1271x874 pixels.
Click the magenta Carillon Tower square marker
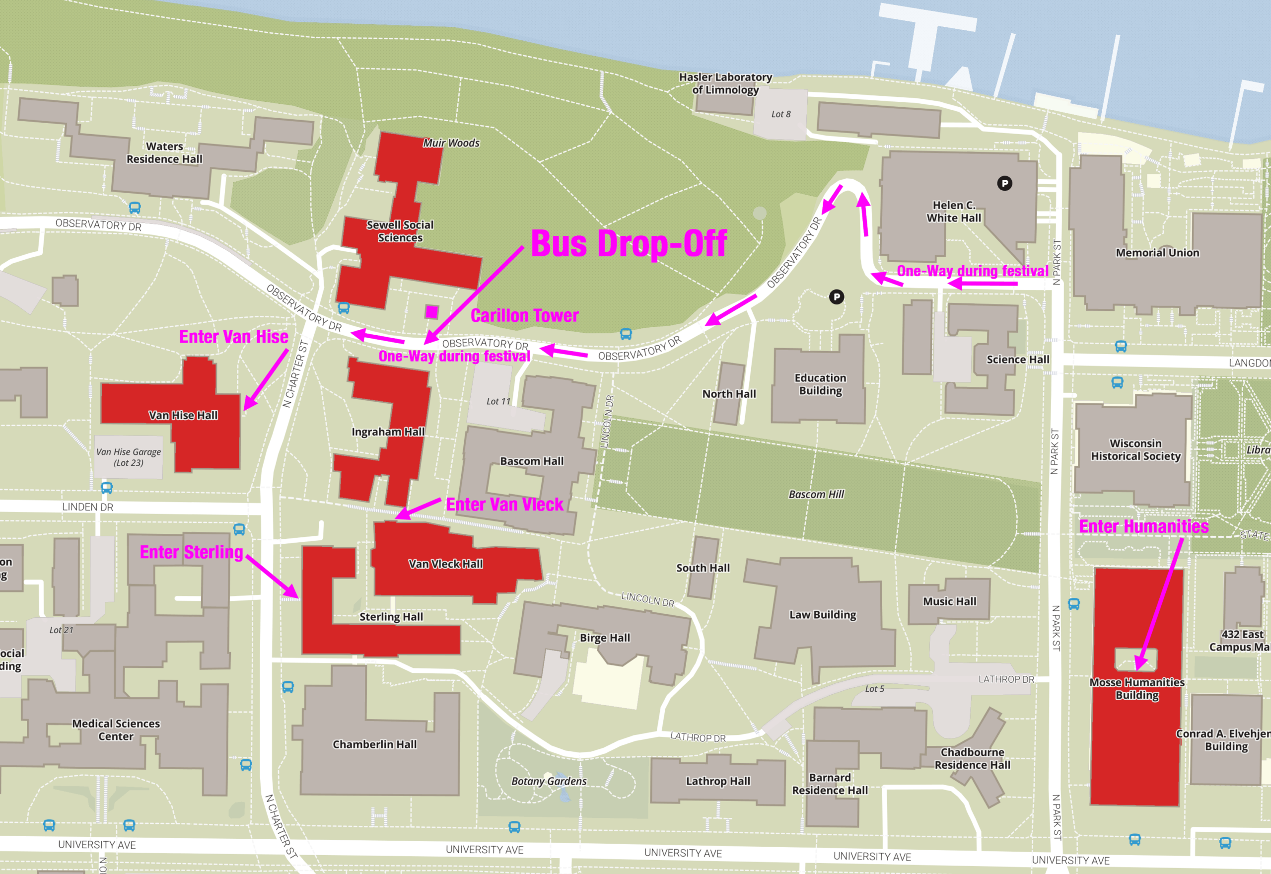431,312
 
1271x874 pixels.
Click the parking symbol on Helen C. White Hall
1004,183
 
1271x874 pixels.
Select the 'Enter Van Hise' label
234,336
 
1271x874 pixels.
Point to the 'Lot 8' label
780,114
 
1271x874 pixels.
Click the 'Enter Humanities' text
1143,526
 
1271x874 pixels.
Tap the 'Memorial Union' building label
1157,252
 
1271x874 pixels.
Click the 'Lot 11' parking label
498,401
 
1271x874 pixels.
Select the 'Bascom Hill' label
816,494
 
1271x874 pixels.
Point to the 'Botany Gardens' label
549,781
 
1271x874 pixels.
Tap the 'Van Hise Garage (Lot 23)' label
129,457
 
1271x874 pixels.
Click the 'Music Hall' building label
949,601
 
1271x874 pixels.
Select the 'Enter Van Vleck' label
504,505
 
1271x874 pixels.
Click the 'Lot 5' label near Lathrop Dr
874,689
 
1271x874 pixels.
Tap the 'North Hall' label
728,394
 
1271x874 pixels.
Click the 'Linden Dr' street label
87,507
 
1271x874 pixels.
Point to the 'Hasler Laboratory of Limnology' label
725,83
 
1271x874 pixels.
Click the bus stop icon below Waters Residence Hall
135,208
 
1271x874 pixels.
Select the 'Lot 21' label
61,630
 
